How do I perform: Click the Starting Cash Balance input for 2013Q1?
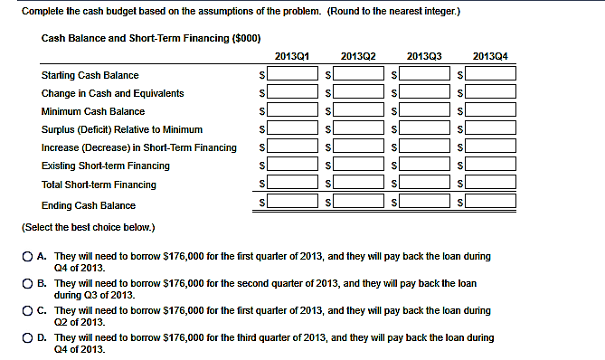click(292, 74)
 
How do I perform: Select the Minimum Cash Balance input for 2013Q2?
click(359, 110)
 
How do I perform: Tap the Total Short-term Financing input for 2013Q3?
click(425, 184)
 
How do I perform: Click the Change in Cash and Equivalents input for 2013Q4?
click(491, 92)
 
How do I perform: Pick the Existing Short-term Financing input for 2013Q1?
click(292, 166)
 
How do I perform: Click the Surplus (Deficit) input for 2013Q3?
click(425, 128)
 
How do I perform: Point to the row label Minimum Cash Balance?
click(92, 111)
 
